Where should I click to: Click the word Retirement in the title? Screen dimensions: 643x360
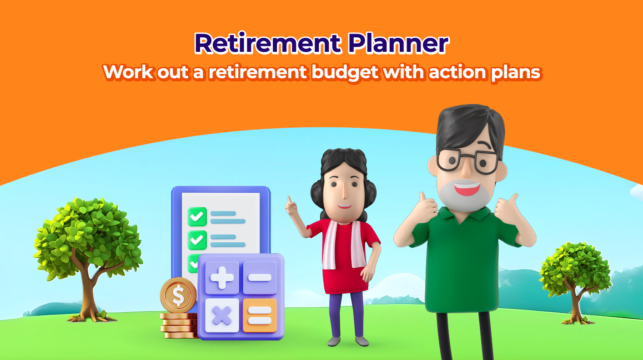click(268, 43)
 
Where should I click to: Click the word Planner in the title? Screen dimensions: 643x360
click(398, 43)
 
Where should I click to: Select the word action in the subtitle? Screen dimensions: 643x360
click(457, 72)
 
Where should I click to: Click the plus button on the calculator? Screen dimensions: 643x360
click(222, 278)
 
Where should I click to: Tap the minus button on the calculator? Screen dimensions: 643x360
click(260, 278)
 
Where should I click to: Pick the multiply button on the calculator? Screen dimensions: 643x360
click(222, 315)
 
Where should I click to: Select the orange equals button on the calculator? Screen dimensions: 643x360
click(260, 315)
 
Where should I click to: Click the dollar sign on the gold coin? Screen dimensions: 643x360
click(178, 295)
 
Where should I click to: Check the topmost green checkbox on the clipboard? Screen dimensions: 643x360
click(197, 216)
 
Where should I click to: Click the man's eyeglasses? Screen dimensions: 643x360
click(467, 160)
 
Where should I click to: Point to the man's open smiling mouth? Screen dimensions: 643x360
click(467, 189)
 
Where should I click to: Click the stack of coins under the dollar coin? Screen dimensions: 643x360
click(179, 325)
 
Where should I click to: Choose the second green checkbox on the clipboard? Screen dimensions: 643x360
click(197, 240)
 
